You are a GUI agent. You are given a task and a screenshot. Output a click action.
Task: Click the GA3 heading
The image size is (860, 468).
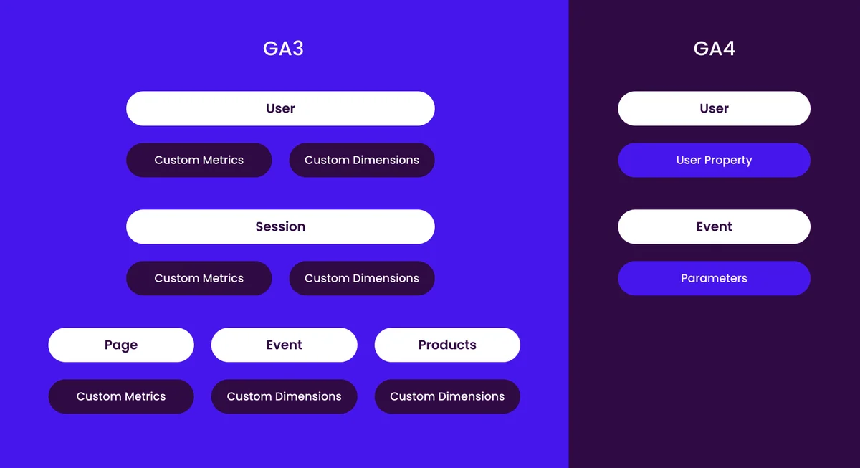[x=283, y=49]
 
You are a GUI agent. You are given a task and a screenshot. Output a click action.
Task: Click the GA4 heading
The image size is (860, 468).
[x=714, y=49]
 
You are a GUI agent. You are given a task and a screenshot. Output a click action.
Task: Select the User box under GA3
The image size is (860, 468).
[x=280, y=108]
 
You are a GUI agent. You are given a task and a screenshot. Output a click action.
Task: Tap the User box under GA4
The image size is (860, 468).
[x=714, y=108]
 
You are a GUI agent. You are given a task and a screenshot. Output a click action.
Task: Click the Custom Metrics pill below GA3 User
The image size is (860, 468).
[x=199, y=160]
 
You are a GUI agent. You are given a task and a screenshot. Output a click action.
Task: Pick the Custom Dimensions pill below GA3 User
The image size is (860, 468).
[x=362, y=160]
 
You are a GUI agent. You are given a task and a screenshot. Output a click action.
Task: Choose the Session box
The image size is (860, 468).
[x=280, y=226]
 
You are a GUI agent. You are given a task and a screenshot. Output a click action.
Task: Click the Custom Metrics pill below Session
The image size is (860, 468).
[x=199, y=278]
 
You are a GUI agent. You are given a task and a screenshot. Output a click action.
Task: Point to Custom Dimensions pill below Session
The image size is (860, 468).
[x=362, y=278]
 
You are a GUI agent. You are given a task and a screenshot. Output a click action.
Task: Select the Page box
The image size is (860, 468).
[x=121, y=345]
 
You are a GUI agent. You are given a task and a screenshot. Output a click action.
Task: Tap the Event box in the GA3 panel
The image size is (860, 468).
[x=284, y=345]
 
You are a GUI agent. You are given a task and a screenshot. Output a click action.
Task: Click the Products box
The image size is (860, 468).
[x=447, y=345]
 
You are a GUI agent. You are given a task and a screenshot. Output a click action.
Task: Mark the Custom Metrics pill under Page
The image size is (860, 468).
[x=121, y=396]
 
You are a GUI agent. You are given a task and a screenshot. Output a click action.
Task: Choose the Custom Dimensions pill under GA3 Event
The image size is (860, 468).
[x=284, y=396]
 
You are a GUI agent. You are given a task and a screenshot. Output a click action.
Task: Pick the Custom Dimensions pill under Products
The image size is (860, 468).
[x=447, y=396]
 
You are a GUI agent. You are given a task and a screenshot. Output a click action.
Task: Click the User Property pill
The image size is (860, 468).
[x=714, y=160]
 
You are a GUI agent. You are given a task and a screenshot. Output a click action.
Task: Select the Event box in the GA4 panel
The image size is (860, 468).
[x=714, y=226]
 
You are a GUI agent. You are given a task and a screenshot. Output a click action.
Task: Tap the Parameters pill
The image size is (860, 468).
[x=714, y=278]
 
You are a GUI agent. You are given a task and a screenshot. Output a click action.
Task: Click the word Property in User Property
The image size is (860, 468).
[x=728, y=161]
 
